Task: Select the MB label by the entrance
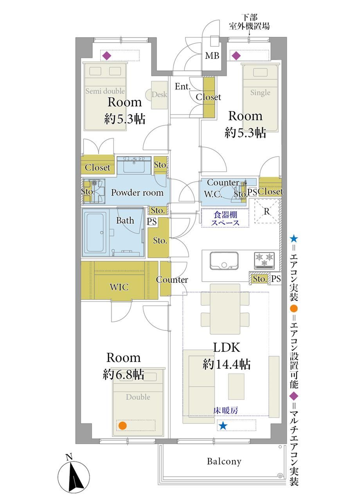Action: (212, 56)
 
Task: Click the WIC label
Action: (119, 287)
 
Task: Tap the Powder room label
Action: (137, 193)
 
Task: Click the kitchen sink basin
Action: (224, 260)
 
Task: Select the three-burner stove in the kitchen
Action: (264, 261)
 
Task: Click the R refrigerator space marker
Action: (266, 211)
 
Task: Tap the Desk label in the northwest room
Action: (159, 94)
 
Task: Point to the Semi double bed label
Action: (105, 91)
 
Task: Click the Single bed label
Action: (260, 93)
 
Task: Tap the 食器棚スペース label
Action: (225, 219)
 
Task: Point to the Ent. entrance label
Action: (183, 86)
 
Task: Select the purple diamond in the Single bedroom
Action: (236, 56)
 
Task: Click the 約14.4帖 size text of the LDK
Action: (227, 364)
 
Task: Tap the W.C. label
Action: (213, 194)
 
